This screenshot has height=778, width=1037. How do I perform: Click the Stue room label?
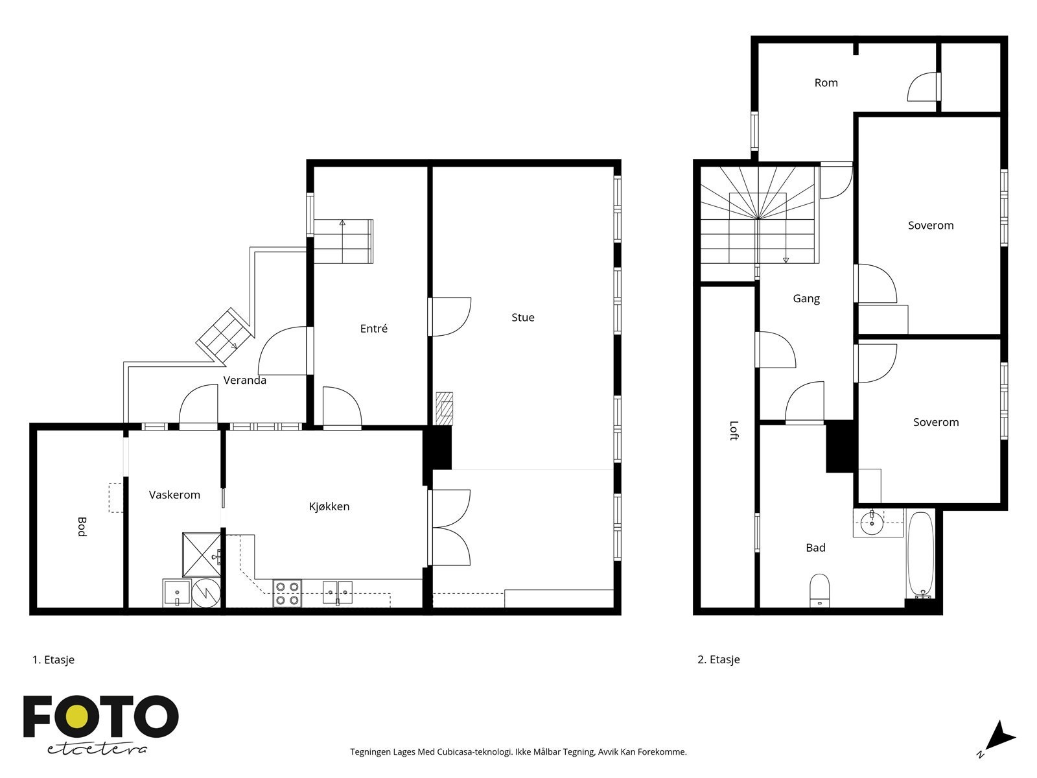point(522,318)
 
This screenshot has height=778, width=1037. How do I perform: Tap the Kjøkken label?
point(329,506)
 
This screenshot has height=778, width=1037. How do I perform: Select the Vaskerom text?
point(174,495)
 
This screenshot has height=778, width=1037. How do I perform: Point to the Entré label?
point(373,328)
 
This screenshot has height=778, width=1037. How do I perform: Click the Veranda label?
point(244,381)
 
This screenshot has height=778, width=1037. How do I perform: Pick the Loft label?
point(734,430)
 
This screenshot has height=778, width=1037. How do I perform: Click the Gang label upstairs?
point(806,298)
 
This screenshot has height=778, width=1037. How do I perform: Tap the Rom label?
point(826,83)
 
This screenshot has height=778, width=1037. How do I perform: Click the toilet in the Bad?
point(819,590)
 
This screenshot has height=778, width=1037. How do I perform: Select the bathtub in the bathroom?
point(920,556)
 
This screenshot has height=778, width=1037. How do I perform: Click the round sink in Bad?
point(872,523)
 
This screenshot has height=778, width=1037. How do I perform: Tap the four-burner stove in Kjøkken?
point(287,593)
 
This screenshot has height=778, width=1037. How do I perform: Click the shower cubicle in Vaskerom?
point(202,555)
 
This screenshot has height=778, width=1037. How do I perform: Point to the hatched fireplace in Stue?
point(444,408)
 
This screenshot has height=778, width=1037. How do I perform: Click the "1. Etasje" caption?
point(53,659)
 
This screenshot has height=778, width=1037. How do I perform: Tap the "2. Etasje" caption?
point(719,659)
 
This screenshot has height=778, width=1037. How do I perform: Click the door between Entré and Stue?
point(450,316)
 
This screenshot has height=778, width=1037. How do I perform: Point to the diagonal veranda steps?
point(225,336)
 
